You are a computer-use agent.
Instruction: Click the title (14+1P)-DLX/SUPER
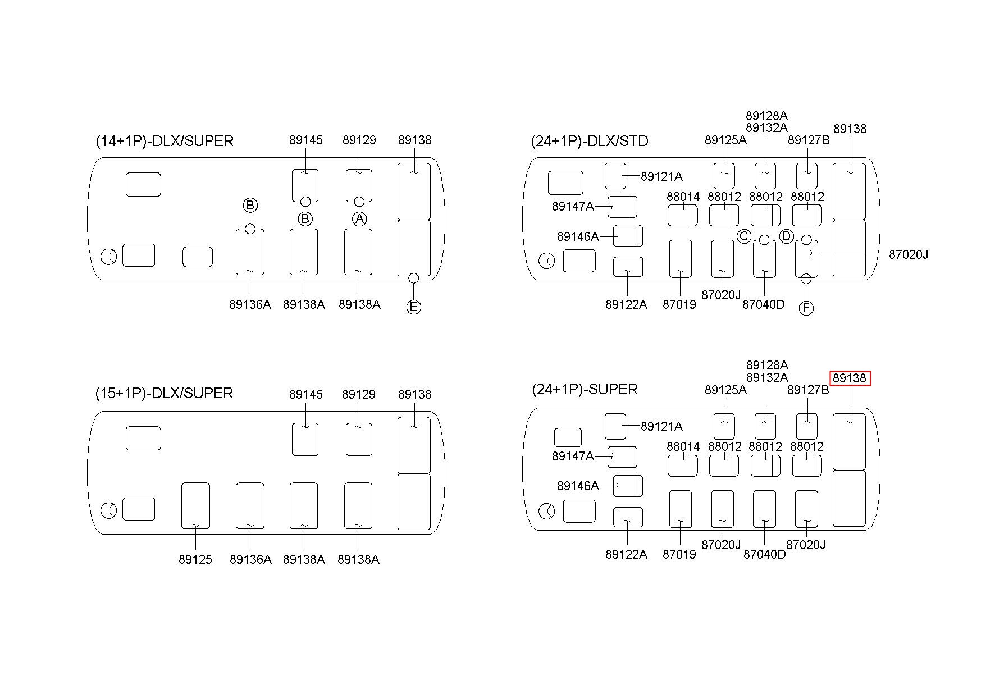click(165, 141)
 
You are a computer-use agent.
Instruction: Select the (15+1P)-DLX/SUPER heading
click(164, 393)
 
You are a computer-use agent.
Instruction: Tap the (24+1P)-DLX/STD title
click(590, 141)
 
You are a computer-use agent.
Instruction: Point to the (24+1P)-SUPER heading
click(585, 389)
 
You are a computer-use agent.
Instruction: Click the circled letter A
click(359, 218)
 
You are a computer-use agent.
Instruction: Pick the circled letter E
click(413, 307)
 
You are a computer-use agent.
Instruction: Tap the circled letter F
click(806, 308)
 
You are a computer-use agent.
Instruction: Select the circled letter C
click(744, 236)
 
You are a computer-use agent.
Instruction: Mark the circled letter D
click(786, 236)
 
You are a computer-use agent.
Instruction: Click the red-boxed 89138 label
click(850, 378)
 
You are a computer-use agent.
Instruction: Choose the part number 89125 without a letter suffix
click(195, 560)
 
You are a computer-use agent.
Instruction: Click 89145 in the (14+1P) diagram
click(306, 140)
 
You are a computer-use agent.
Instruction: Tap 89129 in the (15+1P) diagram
click(359, 394)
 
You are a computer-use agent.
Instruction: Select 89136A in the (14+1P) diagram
click(250, 304)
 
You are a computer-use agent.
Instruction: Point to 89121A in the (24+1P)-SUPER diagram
click(661, 427)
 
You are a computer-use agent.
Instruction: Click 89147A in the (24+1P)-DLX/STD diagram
click(573, 206)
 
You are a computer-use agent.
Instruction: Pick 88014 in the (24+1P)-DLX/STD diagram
click(683, 197)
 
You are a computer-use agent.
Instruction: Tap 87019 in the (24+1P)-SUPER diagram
click(679, 555)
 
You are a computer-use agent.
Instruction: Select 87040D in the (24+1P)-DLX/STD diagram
click(764, 304)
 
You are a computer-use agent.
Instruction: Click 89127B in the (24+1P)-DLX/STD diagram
click(809, 140)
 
